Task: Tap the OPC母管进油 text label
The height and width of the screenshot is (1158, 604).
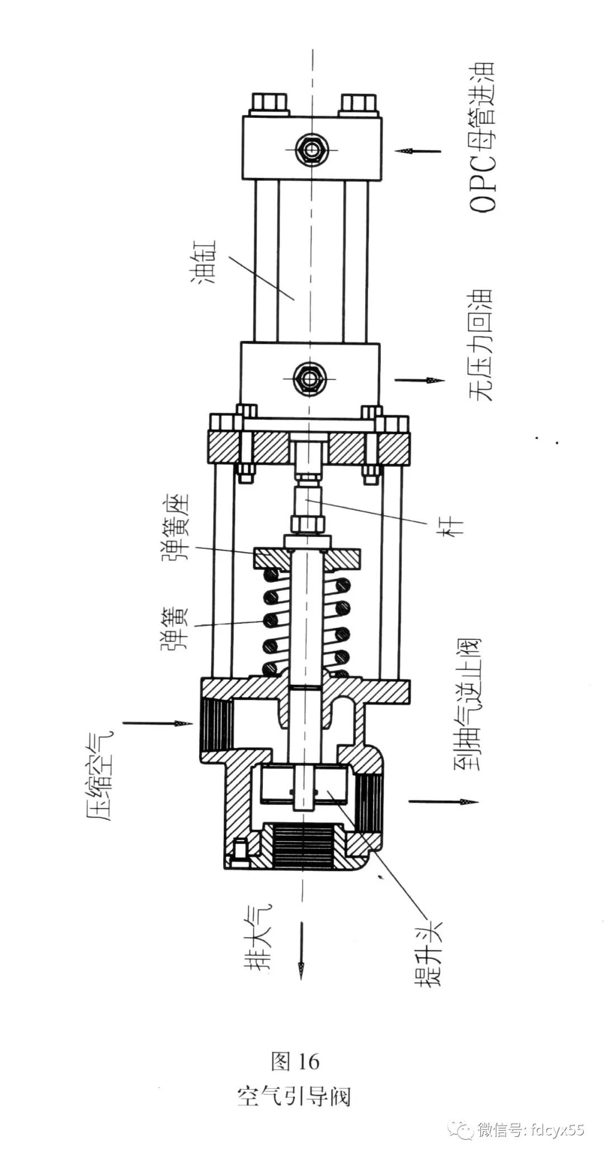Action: (482, 137)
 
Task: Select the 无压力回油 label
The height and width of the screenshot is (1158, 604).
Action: (481, 345)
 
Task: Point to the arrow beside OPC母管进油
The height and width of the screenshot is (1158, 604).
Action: (418, 151)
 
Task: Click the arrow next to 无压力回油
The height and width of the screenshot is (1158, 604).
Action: (419, 381)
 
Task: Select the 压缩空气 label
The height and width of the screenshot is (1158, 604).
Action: (101, 775)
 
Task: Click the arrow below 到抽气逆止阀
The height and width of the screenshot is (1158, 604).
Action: (443, 802)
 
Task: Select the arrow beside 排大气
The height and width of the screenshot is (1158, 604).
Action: (301, 950)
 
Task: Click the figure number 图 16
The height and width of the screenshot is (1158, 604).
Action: (295, 1061)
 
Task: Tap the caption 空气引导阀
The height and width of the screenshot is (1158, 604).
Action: (294, 1097)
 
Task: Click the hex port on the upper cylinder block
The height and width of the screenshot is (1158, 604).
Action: (312, 149)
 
